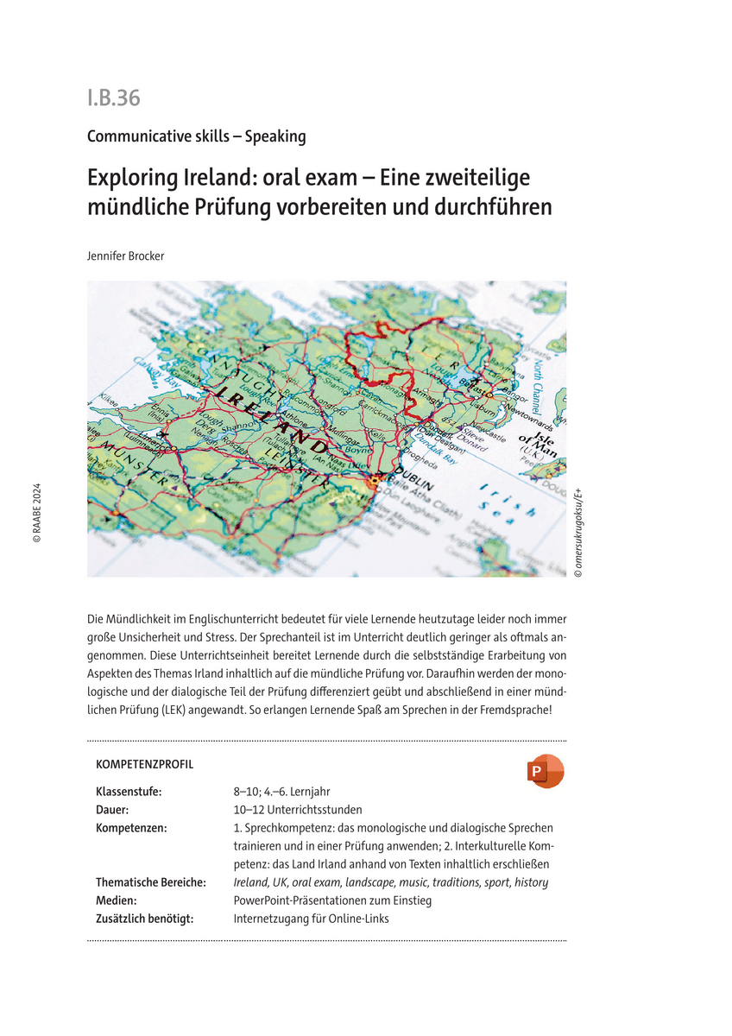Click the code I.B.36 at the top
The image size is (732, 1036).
tap(113, 98)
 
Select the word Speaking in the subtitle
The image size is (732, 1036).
tap(274, 136)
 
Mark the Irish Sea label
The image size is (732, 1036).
tap(500, 500)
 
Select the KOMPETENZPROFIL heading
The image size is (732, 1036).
tap(145, 764)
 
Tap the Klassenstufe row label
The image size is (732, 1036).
tap(128, 792)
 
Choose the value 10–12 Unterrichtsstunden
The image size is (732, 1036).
tap(298, 810)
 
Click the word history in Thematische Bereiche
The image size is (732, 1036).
tap(529, 882)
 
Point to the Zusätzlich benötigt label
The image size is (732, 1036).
tap(144, 919)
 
